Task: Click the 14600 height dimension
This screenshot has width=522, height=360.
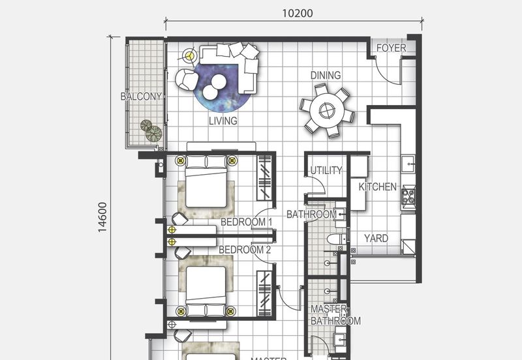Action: click(102, 217)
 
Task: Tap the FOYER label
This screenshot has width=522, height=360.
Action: click(391, 48)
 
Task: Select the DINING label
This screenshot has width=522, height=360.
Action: click(325, 76)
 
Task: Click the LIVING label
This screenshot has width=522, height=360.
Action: click(223, 121)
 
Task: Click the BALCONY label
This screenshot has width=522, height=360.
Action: click(141, 97)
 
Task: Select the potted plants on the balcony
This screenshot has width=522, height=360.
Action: click(150, 130)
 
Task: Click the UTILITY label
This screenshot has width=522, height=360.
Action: click(326, 171)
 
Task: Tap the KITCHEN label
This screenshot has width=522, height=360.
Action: click(377, 187)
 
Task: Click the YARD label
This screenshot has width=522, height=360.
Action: click(376, 239)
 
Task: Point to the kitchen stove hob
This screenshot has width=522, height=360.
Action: click(409, 196)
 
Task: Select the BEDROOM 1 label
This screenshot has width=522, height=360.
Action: click(245, 222)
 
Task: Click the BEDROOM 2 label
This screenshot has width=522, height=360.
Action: click(244, 250)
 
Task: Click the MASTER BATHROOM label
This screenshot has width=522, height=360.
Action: click(335, 315)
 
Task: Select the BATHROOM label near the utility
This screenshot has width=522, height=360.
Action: click(311, 214)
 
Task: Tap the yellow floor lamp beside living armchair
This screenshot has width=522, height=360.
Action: click(190, 56)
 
